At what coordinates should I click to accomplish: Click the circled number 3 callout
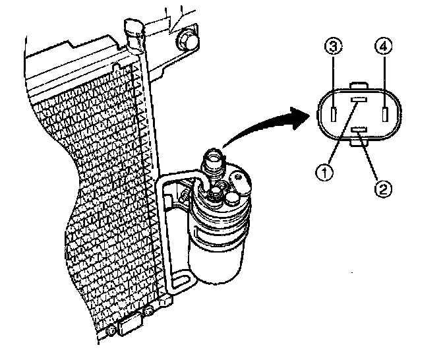334,48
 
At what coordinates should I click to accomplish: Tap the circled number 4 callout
384,47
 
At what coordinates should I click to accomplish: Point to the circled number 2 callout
384,188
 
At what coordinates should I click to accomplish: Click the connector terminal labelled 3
334,115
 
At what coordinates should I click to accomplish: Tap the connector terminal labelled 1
359,99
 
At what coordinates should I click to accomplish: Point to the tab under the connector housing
360,140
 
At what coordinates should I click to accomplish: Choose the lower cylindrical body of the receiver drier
214,254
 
